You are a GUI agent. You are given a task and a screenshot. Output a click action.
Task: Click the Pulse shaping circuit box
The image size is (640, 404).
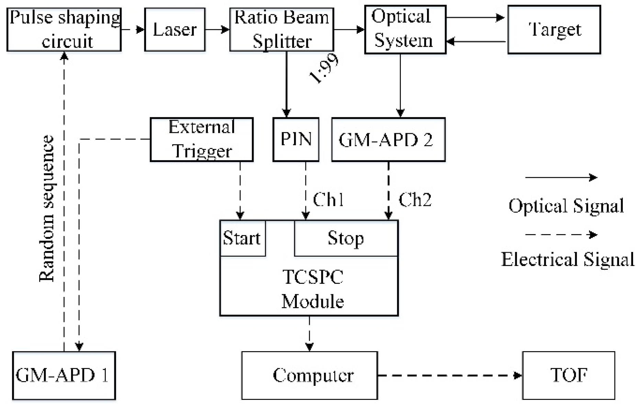[x=64, y=30]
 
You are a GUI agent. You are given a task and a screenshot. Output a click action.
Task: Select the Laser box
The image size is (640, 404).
[x=175, y=30]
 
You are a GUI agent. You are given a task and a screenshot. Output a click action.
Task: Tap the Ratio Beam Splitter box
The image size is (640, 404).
[x=281, y=30]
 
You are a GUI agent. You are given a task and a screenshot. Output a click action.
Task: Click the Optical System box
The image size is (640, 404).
[x=405, y=30]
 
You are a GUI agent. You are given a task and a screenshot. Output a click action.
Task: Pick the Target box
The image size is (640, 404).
[x=554, y=30]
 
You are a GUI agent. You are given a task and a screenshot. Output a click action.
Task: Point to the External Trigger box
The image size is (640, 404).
[x=202, y=139]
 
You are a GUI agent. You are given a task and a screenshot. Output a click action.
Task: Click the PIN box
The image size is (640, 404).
[x=296, y=139]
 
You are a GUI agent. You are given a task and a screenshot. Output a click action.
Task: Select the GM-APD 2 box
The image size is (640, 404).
[x=388, y=139]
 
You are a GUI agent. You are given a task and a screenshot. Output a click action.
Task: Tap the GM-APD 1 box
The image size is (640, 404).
[x=64, y=375]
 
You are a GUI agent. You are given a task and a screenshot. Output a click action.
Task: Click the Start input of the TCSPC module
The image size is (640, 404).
[x=242, y=238]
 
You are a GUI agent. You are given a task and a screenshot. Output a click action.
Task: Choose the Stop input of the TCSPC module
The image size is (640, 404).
[x=346, y=238]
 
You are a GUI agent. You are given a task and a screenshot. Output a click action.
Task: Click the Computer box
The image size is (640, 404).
[x=310, y=375]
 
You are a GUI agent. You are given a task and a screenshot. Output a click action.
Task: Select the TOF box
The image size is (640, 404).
[x=569, y=375]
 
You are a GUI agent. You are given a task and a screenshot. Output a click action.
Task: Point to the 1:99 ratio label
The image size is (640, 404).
[x=324, y=69]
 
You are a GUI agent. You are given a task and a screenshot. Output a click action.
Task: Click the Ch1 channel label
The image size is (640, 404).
[x=328, y=199]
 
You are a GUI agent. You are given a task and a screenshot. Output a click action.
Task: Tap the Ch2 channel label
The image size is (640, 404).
[x=415, y=199]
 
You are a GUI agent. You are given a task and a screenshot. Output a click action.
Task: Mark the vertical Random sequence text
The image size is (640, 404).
[x=47, y=209]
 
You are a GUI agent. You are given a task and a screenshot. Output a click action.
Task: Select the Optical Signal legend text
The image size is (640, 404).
[x=566, y=206]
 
